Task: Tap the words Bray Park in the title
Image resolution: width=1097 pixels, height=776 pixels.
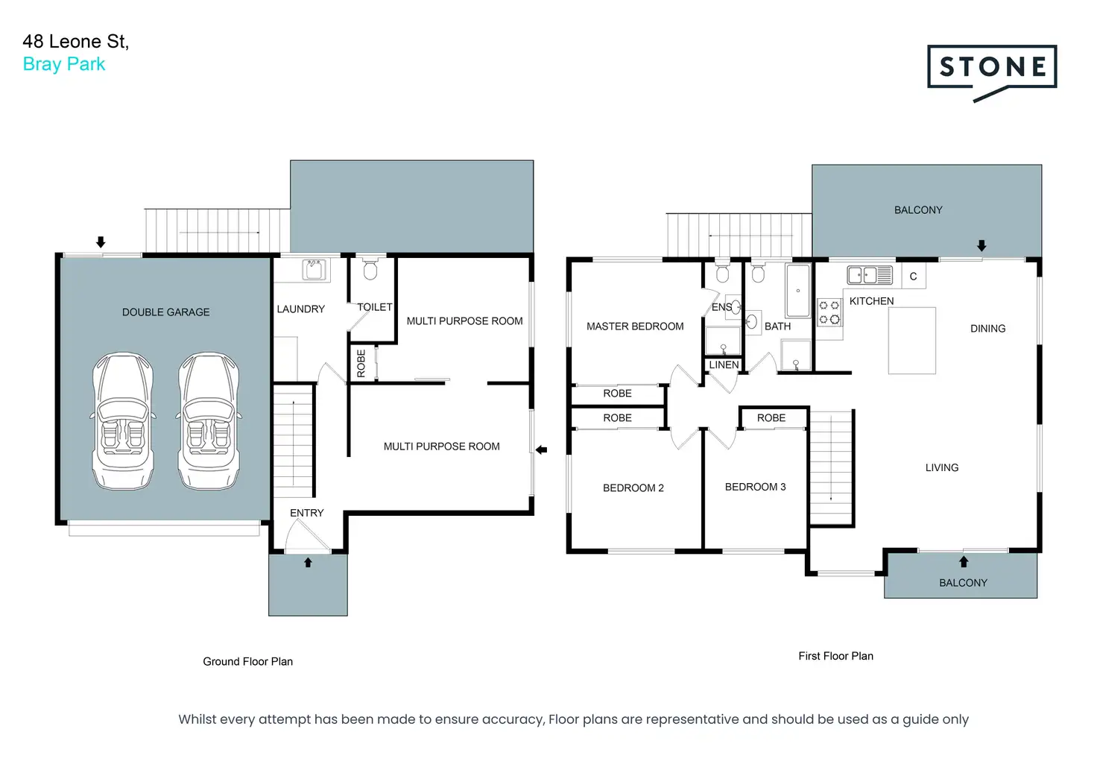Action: pos(64,64)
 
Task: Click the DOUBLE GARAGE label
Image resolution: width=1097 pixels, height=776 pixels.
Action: pos(165,312)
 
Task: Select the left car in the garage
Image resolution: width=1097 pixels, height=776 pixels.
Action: pos(123,421)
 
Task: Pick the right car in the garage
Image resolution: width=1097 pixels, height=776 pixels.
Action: pos(209,421)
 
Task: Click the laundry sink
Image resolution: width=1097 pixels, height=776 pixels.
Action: pos(314,269)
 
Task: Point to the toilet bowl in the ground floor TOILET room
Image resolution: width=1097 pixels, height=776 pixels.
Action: pos(370,268)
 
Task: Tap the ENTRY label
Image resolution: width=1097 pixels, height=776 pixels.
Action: pos(306,513)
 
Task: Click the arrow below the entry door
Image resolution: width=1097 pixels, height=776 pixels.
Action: pos(308,562)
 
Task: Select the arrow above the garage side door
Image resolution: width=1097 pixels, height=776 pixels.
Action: pos(101,242)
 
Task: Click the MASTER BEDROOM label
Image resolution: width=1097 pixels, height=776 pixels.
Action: pos(635,327)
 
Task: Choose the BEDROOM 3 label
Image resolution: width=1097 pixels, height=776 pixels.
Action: pos(755,487)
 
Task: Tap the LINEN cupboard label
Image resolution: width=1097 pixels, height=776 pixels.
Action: pos(724,365)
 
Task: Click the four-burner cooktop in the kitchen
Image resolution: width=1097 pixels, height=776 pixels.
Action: pos(829,312)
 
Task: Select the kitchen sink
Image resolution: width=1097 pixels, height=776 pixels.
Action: pos(870,275)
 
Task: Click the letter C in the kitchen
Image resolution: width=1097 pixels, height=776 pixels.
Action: pos(914,277)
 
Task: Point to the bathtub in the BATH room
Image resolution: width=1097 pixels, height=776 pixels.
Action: pos(797,291)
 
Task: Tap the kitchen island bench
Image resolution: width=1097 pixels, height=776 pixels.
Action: pos(912,341)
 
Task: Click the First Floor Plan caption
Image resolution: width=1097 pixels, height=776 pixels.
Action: pos(836,656)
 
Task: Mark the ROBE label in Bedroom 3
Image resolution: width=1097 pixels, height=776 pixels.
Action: pos(771,418)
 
